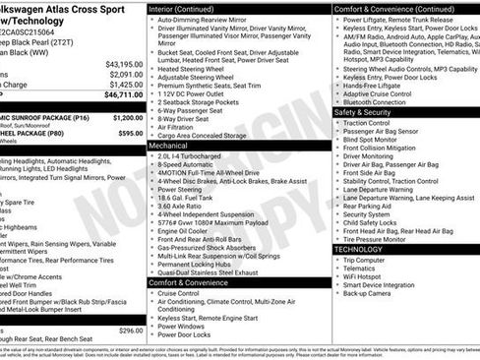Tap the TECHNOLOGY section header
[x=357, y=249]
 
